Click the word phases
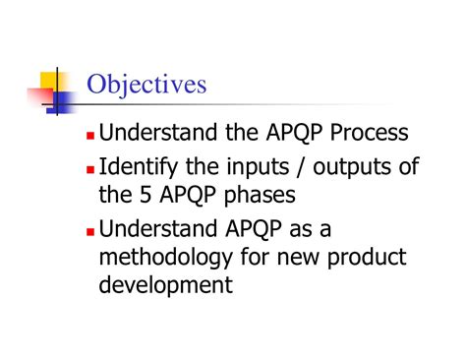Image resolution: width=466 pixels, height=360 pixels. pos(265,197)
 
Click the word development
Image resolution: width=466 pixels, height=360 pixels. pos(166,286)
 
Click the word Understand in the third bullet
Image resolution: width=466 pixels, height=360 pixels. pos(158,230)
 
